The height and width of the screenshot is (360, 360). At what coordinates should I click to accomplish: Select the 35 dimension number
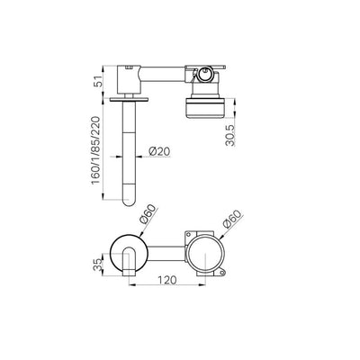point(98,265)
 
